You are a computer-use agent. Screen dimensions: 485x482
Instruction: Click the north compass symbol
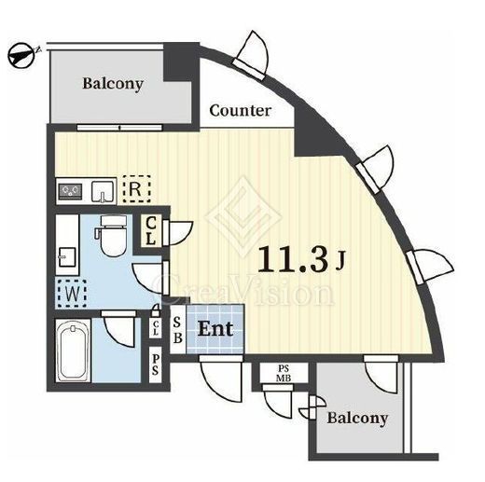click(x=21, y=55)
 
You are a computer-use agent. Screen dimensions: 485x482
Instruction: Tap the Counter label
click(x=241, y=111)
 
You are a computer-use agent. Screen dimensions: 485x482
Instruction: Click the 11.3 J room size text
click(x=301, y=260)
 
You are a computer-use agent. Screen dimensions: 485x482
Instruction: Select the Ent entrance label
click(x=215, y=329)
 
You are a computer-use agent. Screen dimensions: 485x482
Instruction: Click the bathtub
click(x=73, y=351)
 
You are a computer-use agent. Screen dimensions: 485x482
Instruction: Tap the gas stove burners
click(x=70, y=190)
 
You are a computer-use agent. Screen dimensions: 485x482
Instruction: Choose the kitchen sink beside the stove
click(x=103, y=191)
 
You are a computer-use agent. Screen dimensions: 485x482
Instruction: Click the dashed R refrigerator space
click(x=136, y=189)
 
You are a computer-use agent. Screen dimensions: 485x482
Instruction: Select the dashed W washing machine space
click(x=72, y=294)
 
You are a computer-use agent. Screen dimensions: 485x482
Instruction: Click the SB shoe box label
click(x=177, y=330)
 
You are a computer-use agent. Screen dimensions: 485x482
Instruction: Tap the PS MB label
click(x=284, y=373)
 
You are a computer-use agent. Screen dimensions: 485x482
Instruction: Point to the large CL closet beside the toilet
click(x=151, y=230)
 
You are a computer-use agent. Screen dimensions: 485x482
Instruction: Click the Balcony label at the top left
click(x=113, y=84)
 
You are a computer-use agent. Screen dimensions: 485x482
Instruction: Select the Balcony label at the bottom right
click(x=357, y=419)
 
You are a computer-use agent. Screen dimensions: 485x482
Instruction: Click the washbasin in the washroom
click(x=67, y=256)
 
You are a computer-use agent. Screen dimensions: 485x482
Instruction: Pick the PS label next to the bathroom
click(x=156, y=365)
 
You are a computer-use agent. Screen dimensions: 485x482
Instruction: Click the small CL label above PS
click(x=156, y=328)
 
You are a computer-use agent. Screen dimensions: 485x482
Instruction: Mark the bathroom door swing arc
click(x=119, y=329)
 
